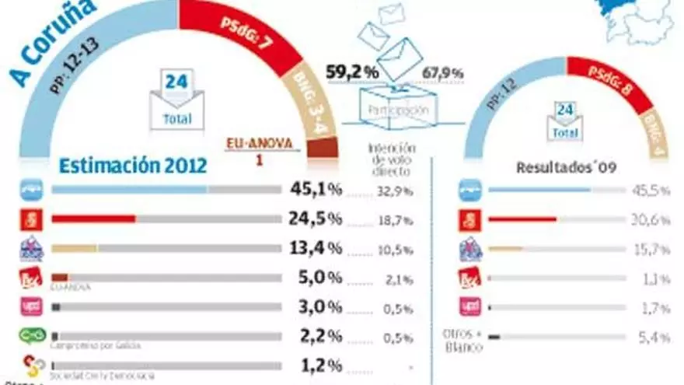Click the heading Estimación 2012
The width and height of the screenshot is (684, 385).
[x=133, y=166]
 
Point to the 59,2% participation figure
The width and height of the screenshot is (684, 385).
[x=353, y=72]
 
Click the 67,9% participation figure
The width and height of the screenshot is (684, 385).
[x=443, y=74]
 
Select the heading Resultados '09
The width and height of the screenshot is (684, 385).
[x=561, y=167]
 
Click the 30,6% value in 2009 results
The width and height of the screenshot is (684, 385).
[x=651, y=220]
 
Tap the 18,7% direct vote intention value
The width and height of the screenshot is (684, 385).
[x=396, y=221]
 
